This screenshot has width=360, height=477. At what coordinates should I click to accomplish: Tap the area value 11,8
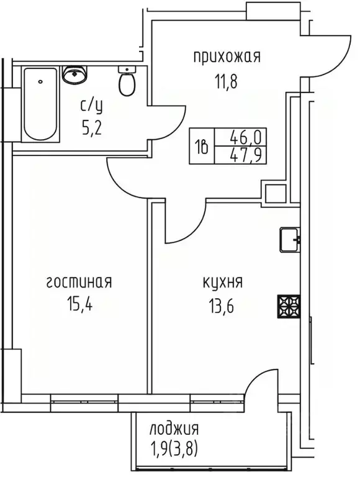[x=227, y=79]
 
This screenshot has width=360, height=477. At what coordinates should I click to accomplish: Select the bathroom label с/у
[x=91, y=106]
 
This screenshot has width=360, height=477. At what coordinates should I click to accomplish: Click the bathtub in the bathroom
[x=41, y=104]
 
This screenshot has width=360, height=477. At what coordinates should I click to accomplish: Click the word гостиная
[x=78, y=283]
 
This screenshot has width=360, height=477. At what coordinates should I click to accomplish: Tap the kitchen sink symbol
[x=289, y=239]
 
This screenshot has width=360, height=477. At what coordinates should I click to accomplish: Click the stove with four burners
[x=289, y=305]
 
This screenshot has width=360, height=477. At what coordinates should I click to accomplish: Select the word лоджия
[x=174, y=429]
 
